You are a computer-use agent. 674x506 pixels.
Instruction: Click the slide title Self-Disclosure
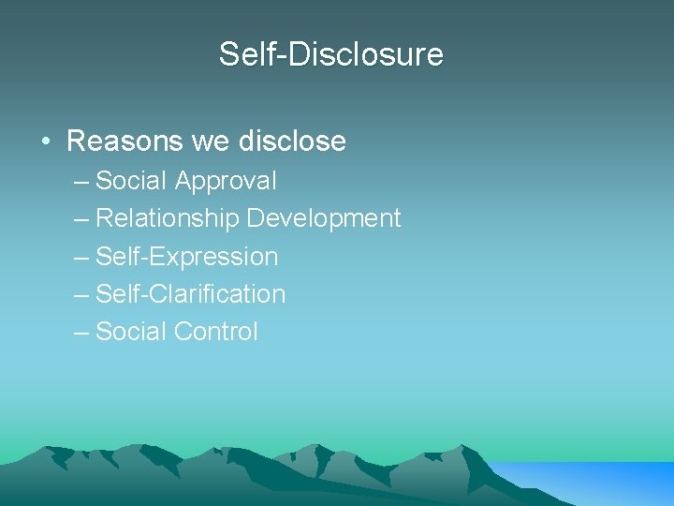click(331, 53)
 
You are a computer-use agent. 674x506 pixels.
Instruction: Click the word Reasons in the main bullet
click(125, 141)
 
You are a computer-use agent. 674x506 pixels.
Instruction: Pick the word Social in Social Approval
click(131, 180)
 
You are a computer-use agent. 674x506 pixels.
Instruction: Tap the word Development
click(324, 218)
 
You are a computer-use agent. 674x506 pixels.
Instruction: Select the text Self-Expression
click(187, 256)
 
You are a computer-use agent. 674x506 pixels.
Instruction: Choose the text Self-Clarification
click(191, 293)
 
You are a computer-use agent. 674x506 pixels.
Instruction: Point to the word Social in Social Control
click(131, 331)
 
